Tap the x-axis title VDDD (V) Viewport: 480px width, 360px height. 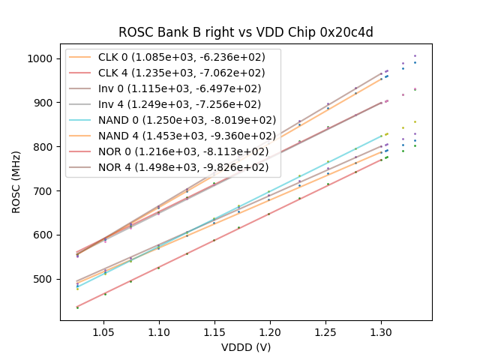[x=246, y=347]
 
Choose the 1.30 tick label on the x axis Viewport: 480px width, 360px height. [x=380, y=330]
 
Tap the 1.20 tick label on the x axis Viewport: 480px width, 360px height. [x=269, y=330]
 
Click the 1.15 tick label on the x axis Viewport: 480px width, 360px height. [x=214, y=330]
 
